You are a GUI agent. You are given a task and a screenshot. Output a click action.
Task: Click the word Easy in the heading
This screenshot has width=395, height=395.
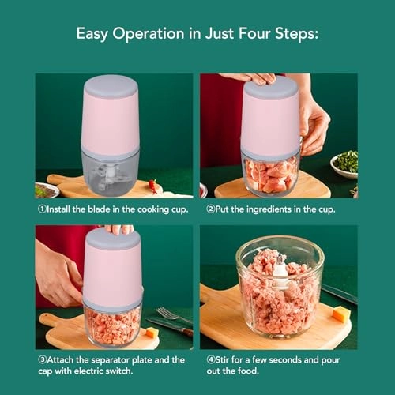pos(92,34)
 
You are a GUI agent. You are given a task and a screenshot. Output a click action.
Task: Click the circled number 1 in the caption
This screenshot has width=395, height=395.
pos(43,210)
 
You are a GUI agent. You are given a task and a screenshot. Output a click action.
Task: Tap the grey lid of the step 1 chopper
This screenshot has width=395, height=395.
pos(111,83)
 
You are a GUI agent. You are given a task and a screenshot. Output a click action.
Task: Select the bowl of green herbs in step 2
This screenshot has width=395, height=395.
pos(345,164)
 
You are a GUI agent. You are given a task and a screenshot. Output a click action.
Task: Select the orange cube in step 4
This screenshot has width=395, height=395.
pos(340,314)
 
